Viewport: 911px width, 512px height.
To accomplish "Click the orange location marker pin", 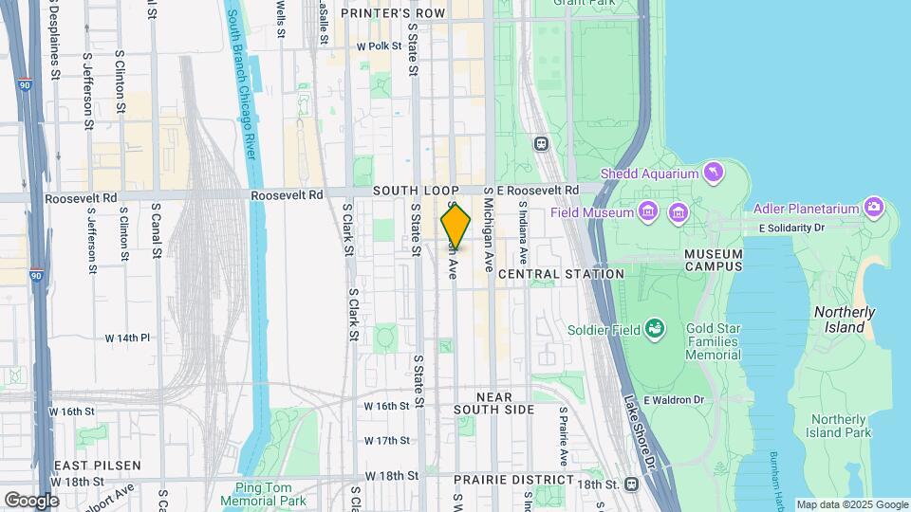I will click(455, 228).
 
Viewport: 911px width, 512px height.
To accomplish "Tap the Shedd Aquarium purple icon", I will click(712, 173).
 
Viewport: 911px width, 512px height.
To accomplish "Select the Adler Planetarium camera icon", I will click(874, 208).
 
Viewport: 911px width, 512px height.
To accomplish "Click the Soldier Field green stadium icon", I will click(654, 329).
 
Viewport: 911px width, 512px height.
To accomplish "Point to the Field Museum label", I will click(591, 212).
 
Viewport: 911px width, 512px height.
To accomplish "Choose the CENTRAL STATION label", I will click(561, 274).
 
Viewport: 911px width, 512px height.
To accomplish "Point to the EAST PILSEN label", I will click(97, 466).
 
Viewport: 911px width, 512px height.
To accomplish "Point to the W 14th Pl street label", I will click(127, 338).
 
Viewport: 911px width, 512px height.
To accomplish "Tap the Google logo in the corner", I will click(31, 500).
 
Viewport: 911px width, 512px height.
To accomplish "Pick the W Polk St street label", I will click(380, 46).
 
